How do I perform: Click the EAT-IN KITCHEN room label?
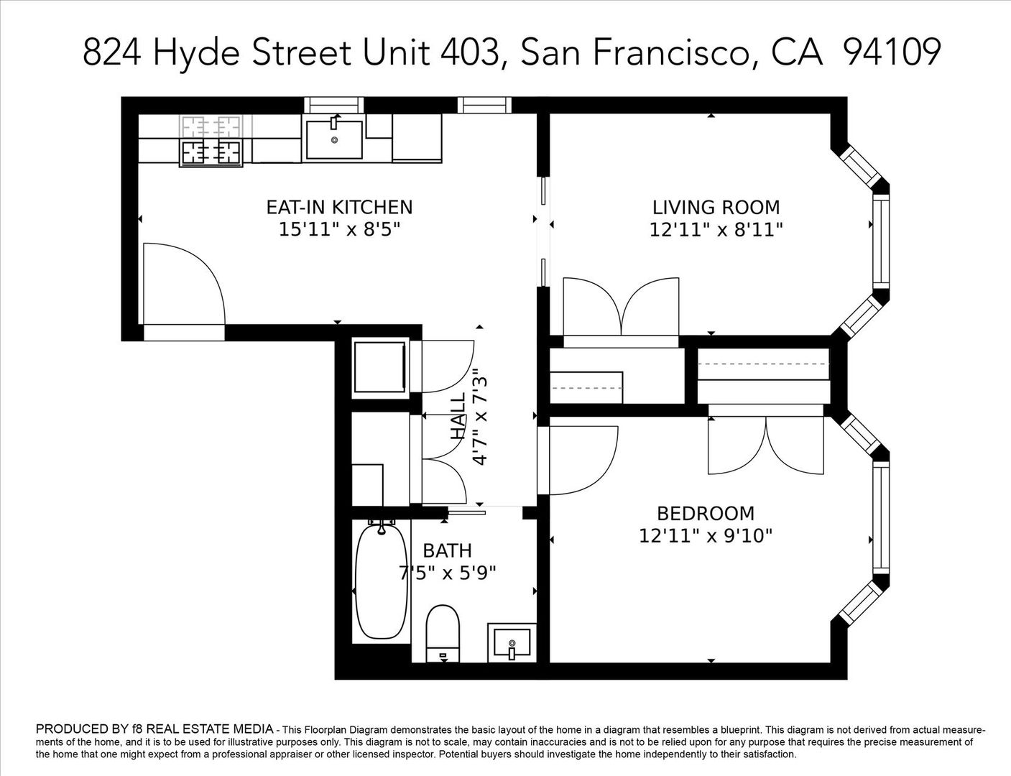[x=339, y=207]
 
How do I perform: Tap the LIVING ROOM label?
[x=716, y=207]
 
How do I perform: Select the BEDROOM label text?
[x=706, y=513]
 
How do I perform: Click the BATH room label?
[x=447, y=550]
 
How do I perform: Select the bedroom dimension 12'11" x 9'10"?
[x=706, y=536]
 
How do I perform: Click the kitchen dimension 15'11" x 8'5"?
[x=339, y=230]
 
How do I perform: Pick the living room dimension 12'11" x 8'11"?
[x=716, y=230]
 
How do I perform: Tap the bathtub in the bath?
[x=382, y=582]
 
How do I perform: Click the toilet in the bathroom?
[x=443, y=632]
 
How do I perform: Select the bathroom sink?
[x=512, y=642]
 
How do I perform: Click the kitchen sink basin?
[x=334, y=139]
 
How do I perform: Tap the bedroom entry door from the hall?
[x=578, y=460]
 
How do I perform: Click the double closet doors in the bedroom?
[x=766, y=445]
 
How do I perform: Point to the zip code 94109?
[x=891, y=52]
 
